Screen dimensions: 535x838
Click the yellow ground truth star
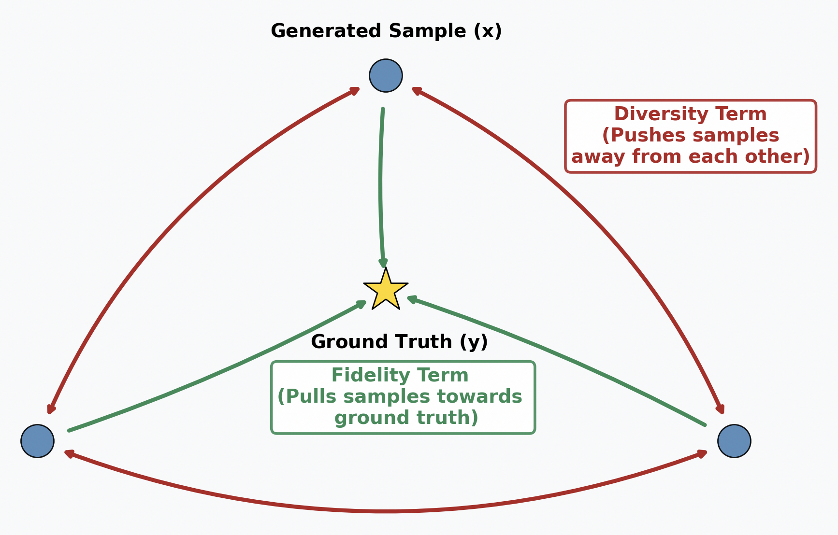tap(386, 290)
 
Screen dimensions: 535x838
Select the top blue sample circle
tap(386, 76)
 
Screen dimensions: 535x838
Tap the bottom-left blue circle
tap(37, 441)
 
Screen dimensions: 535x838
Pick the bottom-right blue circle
tap(734, 441)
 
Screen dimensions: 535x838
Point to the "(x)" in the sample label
tap(487, 31)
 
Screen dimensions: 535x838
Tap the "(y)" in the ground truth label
tap(474, 342)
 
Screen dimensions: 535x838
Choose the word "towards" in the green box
tap(479, 397)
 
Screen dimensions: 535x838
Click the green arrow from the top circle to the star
tap(381, 188)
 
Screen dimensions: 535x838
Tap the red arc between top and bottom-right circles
tap(594, 217)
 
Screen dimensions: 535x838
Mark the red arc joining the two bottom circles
tap(387, 510)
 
